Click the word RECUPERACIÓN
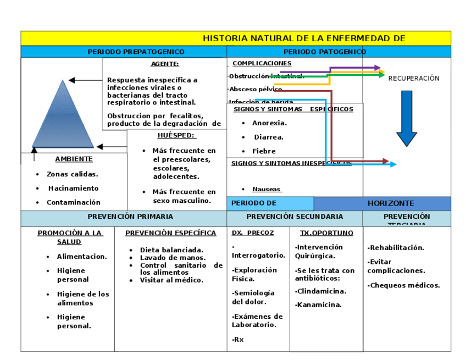pyautogui.click(x=414, y=79)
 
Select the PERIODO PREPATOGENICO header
pyautogui.click(x=136, y=52)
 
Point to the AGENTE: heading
pyautogui.click(x=165, y=64)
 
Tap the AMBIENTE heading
pyautogui.click(x=74, y=159)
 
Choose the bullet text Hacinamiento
pyautogui.click(x=73, y=188)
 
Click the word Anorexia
pyautogui.click(x=269, y=123)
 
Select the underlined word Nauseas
pyautogui.click(x=267, y=190)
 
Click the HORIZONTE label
pyautogui.click(x=391, y=203)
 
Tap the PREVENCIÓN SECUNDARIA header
pyautogui.click(x=295, y=217)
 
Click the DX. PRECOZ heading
pyautogui.click(x=253, y=233)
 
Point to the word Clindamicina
pyautogui.click(x=321, y=291)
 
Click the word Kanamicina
pyautogui.click(x=319, y=305)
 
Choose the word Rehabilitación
pyautogui.click(x=397, y=248)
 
